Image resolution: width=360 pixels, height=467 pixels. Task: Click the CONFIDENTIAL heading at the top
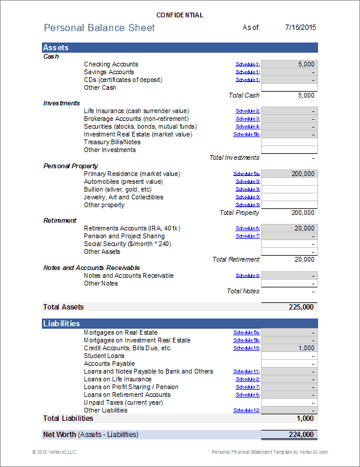180,15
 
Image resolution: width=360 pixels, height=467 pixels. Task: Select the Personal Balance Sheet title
99,28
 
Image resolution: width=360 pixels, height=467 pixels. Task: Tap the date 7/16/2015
300,27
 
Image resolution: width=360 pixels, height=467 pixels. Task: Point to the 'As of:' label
251,28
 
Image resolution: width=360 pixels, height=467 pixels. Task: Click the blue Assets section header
180,47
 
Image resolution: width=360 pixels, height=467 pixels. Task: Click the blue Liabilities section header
180,323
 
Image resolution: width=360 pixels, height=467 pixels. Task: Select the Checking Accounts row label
111,64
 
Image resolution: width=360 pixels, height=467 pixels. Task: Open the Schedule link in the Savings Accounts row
247,72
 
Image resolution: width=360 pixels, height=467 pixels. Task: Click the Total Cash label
244,95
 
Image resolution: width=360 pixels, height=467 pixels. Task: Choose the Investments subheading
62,103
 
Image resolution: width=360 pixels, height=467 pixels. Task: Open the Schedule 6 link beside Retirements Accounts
247,228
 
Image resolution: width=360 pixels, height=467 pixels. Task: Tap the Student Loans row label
104,356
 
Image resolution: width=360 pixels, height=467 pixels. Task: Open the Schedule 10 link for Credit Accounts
246,348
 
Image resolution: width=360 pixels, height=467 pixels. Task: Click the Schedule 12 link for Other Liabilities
246,410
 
